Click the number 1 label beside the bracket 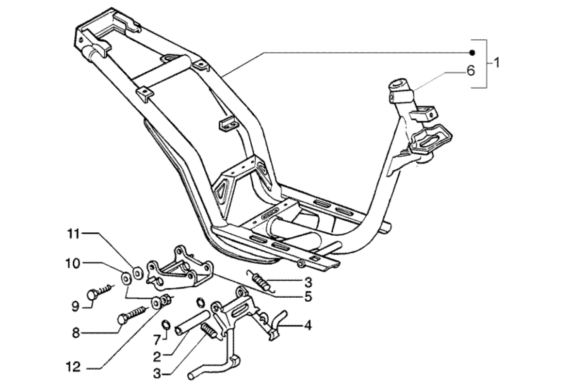tap(496, 63)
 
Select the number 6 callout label tap(470, 71)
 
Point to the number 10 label tap(73, 264)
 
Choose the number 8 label tap(75, 333)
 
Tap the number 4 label tap(308, 325)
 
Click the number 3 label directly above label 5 tap(308, 282)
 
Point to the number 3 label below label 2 tap(157, 373)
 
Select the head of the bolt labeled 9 tap(92, 294)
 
